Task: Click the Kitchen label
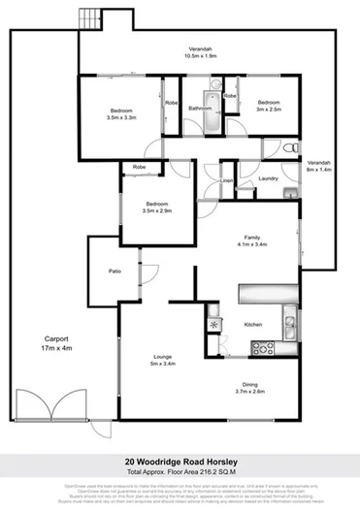[x=253, y=324]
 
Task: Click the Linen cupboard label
[x=226, y=181]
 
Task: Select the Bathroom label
[x=200, y=109]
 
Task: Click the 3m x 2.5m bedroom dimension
[x=269, y=110]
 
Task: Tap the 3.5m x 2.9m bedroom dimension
[x=157, y=210]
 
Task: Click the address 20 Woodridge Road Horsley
[x=180, y=462]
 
